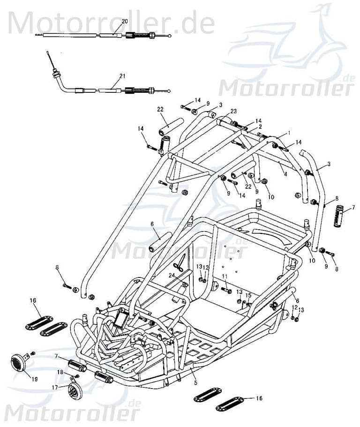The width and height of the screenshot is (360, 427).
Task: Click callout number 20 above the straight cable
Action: point(124,22)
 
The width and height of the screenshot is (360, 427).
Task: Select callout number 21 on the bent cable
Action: point(122,76)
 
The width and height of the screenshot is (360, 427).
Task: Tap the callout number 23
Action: point(233,111)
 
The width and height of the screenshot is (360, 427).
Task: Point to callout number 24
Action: point(172,275)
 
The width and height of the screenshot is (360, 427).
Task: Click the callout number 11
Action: point(224,276)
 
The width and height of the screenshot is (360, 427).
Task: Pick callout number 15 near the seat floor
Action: point(248,295)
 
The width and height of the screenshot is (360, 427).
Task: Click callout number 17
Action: point(55,388)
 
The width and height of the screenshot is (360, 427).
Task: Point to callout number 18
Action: point(60,372)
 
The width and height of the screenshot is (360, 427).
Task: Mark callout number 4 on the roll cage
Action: point(285,173)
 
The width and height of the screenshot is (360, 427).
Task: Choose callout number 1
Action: point(289,133)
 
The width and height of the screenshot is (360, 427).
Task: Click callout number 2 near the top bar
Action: point(260,127)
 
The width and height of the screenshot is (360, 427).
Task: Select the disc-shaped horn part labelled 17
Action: point(75,391)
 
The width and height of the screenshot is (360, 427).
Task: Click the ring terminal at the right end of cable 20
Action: point(170,36)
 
